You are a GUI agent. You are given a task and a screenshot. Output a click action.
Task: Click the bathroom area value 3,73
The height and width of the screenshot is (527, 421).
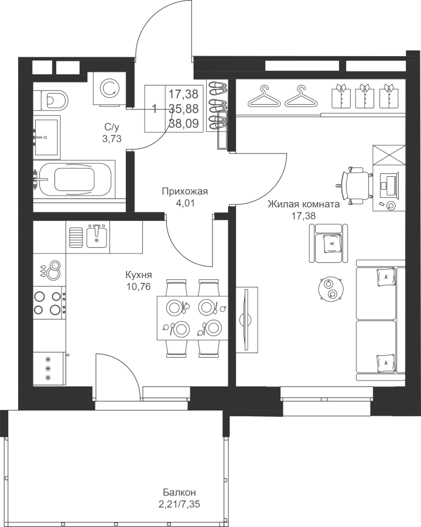[x=112, y=138]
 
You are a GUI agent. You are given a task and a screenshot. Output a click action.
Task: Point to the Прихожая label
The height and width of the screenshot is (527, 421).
[x=185, y=191]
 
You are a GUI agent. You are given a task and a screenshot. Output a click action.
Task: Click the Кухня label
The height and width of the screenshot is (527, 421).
[x=138, y=275]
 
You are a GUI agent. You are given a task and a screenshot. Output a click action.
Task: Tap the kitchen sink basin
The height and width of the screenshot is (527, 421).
[x=97, y=237]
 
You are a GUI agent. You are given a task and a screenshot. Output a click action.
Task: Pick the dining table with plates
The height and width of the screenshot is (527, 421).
[x=193, y=317]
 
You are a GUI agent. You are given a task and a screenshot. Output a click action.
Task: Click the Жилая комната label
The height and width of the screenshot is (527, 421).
[x=303, y=204]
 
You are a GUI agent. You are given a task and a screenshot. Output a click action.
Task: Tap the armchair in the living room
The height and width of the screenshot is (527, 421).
[x=328, y=243]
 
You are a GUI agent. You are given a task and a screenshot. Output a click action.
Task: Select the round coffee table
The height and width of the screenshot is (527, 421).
[x=330, y=289]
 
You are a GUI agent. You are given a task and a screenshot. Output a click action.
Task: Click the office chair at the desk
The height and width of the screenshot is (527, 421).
[x=356, y=184]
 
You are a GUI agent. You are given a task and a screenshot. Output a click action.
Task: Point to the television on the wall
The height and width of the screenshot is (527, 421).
[x=247, y=320]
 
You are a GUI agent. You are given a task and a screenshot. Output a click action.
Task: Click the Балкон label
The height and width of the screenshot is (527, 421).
[x=179, y=492]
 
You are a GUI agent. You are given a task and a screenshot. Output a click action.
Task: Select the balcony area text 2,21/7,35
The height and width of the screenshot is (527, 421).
[x=181, y=504]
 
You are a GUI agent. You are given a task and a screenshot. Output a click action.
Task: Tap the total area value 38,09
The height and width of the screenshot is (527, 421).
[x=183, y=124]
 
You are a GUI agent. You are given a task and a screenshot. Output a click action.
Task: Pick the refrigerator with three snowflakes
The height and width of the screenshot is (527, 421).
[x=49, y=369]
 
